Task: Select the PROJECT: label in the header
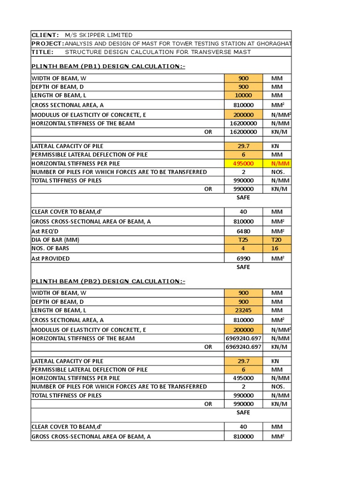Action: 47,44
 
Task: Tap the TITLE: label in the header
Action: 42,52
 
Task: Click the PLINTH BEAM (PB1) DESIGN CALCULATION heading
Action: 108,66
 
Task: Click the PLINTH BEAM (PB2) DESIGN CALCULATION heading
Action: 108,281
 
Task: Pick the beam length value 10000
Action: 243,96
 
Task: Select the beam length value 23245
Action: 243,310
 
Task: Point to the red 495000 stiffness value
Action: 243,164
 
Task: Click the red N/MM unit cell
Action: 277,164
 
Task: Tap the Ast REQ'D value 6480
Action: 243,232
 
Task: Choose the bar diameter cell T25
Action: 243,240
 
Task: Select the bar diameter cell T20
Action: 277,240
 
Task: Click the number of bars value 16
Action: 277,248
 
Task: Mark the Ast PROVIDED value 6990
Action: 243,258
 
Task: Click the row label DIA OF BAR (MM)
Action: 55,240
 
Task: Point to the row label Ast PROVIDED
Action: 51,258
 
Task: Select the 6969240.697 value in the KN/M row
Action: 243,347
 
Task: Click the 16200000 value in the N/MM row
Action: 243,123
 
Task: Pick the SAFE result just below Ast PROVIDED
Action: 243,267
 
